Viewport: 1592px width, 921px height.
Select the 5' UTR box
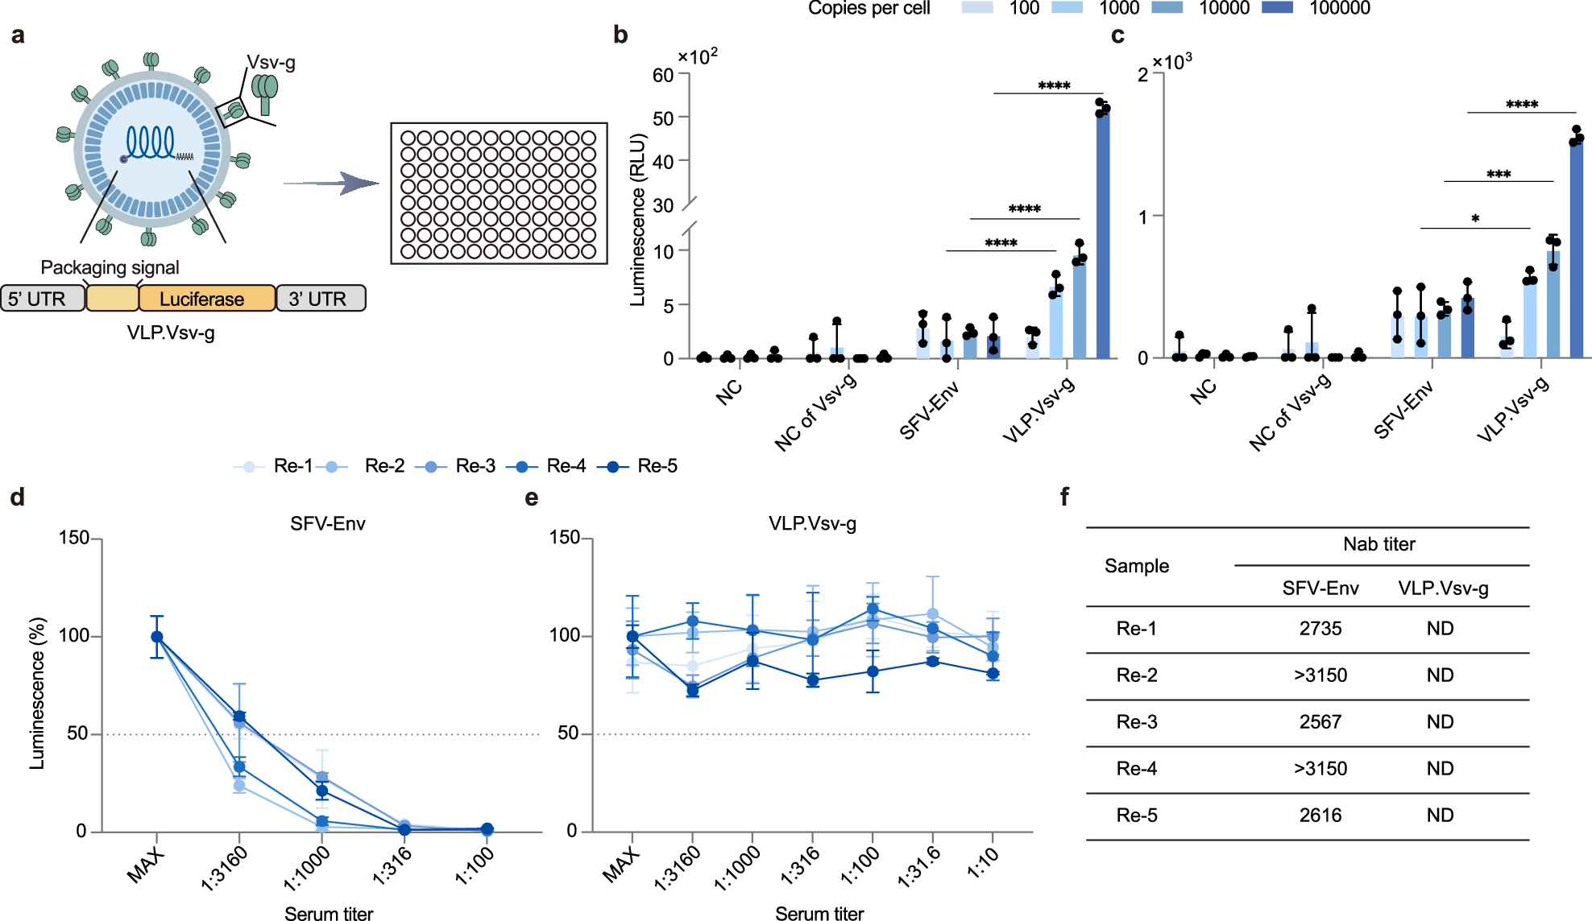point(42,299)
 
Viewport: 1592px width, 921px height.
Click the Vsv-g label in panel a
point(271,63)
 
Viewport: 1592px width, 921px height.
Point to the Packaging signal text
point(110,267)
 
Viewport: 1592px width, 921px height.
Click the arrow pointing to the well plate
point(332,184)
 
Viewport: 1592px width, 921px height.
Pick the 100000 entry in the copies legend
point(1339,8)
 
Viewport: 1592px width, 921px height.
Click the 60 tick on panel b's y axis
point(663,75)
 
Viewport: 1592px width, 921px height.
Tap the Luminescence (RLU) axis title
point(638,220)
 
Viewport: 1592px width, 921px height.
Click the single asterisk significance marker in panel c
point(1474,219)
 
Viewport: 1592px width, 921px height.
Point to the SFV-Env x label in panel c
point(1403,411)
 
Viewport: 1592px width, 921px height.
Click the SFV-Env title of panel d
point(327,524)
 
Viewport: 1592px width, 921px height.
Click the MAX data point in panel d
point(157,637)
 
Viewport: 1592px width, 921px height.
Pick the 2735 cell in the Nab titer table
point(1320,629)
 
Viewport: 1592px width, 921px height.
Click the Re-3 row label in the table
point(1136,722)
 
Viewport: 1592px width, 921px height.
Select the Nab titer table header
point(1378,544)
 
